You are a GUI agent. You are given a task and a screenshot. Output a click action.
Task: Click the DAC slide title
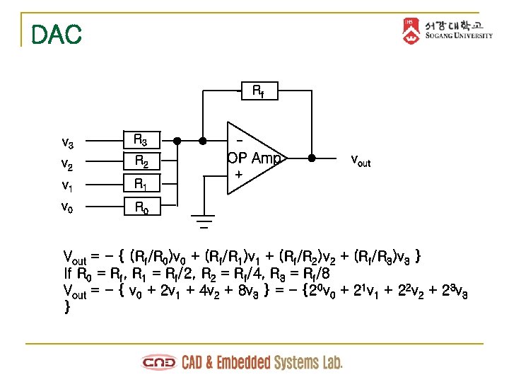tap(57, 34)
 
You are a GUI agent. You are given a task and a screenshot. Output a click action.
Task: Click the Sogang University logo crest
tap(411, 30)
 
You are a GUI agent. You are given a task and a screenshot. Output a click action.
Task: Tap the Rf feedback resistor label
tap(259, 91)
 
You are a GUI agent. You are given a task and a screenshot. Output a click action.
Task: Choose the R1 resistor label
tap(141, 185)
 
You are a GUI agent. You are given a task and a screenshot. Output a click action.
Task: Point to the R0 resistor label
tap(141, 207)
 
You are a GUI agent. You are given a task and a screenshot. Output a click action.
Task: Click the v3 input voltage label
tap(68, 143)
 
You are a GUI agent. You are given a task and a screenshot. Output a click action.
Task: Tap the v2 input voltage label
tap(68, 165)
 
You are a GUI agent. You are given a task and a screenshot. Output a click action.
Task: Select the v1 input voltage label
tap(68, 186)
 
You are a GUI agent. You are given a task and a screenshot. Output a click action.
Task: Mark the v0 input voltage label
tap(68, 208)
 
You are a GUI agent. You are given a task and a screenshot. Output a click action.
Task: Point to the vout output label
tap(361, 161)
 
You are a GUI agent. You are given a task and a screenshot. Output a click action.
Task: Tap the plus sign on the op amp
tap(238, 174)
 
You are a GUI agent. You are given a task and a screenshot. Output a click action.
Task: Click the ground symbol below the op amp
tap(204, 222)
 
